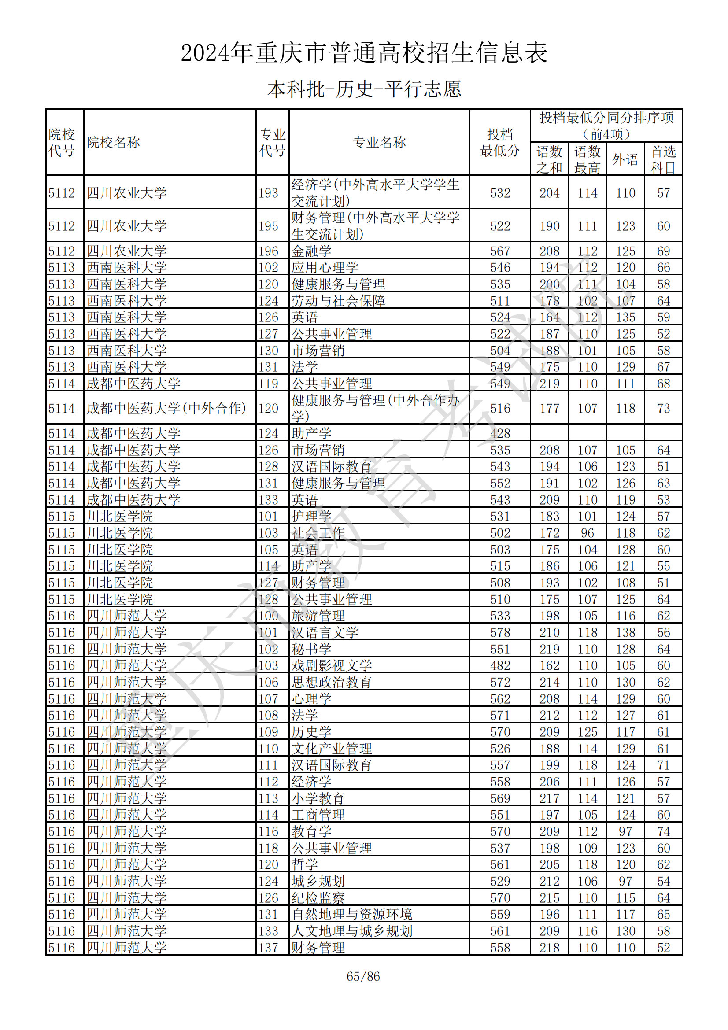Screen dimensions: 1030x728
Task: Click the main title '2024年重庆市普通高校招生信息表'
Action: tap(364, 53)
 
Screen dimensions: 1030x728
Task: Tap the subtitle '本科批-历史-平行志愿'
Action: tap(364, 89)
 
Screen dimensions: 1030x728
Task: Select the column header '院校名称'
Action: tap(114, 142)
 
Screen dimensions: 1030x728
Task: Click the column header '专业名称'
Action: tap(379, 142)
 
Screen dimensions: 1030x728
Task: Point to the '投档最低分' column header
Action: tap(500, 142)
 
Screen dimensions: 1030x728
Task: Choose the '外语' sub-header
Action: tap(625, 159)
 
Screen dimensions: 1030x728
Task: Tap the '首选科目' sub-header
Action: tap(663, 159)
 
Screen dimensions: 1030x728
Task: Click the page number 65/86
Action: tap(363, 976)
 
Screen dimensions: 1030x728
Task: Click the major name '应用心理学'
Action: tap(325, 267)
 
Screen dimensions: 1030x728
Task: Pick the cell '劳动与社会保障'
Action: tap(339, 301)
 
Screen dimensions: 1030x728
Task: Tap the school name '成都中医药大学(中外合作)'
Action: tap(166, 408)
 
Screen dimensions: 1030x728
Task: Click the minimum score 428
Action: tap(500, 433)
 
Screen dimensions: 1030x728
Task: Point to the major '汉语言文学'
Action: tap(325, 632)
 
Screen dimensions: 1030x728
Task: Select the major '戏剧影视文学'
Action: tap(332, 666)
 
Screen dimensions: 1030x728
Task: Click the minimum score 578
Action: tap(500, 632)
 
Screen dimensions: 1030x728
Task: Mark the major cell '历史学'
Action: tap(312, 732)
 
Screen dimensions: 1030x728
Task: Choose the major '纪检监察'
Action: tap(318, 898)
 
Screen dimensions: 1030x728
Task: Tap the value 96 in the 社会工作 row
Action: tap(587, 533)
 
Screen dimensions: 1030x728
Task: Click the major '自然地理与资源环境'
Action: tap(352, 915)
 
